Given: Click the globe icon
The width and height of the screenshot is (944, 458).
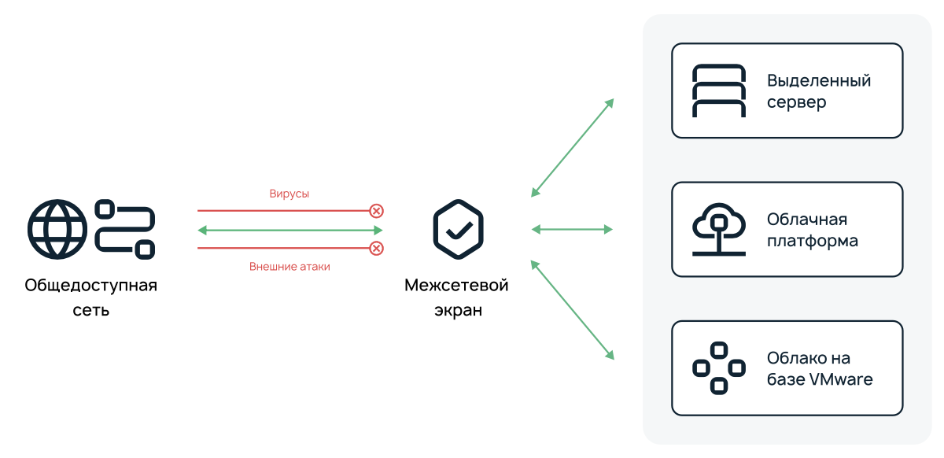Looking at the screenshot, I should pos(57,229).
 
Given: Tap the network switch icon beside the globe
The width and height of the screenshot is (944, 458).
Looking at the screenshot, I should pos(125,229).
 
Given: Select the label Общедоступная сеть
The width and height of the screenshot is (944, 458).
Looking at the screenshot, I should pos(90,297).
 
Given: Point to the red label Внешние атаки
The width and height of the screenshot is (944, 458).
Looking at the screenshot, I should pos(289,267).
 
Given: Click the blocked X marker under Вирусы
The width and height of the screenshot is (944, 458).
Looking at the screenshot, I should pos(377,211).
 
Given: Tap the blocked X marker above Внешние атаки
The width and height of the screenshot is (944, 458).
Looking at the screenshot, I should pos(377,249).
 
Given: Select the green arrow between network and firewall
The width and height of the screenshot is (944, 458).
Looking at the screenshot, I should pos(289,230).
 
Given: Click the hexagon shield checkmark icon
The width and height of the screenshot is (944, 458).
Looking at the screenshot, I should pos(458,229).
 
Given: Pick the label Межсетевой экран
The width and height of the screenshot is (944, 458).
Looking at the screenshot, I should pos(456,297).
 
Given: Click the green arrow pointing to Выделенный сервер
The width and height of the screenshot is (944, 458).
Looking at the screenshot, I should pos(572,147).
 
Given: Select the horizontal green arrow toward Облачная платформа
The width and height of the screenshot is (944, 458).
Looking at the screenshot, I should pos(572,230).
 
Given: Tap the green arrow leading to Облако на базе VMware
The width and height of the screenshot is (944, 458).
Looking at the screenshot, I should pos(572,310).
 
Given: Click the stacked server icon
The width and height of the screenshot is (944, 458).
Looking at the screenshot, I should pos(718,90).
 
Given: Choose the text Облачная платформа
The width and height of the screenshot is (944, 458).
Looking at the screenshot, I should pos(812,230).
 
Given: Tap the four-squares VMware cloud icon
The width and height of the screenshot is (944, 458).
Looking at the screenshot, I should pos(718,368).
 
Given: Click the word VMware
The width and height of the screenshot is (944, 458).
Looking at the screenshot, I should pos(841,379).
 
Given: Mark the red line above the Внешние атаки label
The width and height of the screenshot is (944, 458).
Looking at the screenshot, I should pos(283,249).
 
